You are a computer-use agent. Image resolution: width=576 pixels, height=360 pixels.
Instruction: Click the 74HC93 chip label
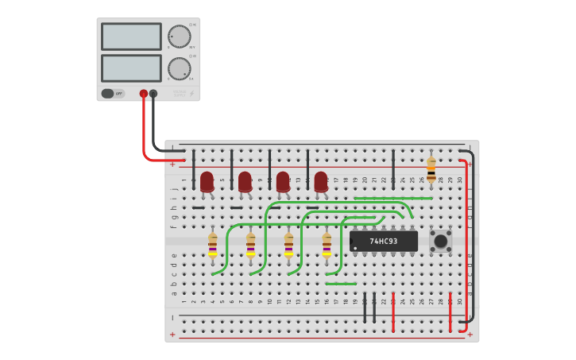tap(384, 241)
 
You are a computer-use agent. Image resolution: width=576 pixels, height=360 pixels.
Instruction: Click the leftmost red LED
tap(207, 181)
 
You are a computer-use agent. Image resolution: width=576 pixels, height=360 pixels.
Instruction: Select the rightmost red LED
tap(320, 181)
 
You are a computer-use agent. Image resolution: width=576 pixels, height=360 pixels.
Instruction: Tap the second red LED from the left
tap(245, 181)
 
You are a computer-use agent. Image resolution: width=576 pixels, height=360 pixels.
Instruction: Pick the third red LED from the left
tap(283, 181)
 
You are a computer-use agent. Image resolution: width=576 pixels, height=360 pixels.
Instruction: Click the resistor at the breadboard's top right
tap(431, 168)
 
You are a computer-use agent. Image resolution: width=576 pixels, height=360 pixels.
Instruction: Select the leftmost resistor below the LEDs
tap(212, 245)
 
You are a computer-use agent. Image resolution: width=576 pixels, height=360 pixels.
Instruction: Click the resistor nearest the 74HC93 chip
tap(327, 245)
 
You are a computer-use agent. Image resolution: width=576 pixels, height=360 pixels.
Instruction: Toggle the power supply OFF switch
tap(113, 93)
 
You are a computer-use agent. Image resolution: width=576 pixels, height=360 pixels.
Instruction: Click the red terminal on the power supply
tap(144, 93)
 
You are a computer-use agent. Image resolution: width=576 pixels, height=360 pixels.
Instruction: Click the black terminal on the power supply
tap(153, 93)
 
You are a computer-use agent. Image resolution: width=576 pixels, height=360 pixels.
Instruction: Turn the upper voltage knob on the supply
tap(179, 37)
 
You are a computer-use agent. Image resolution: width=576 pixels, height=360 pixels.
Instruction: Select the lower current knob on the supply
tap(179, 68)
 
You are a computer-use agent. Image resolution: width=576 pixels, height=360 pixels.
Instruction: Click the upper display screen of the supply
tap(131, 37)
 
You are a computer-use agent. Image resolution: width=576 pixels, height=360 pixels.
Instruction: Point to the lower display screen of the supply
tap(131, 68)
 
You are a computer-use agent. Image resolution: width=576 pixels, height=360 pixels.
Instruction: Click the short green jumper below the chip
tap(341, 284)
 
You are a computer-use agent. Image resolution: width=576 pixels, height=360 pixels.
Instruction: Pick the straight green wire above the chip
tap(393, 198)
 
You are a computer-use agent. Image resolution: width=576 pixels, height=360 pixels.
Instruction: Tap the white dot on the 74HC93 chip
tap(355, 248)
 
